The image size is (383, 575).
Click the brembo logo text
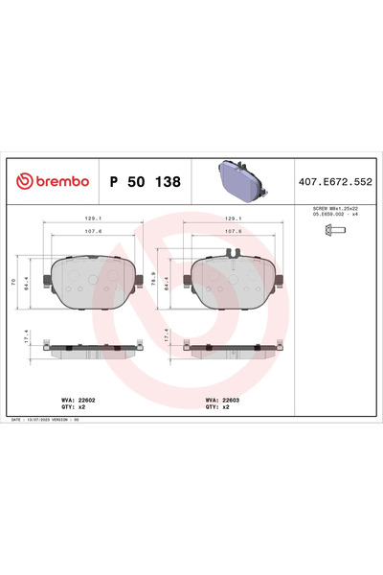(55, 181)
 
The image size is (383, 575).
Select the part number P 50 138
(145, 181)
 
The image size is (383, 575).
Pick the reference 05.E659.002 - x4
(336, 215)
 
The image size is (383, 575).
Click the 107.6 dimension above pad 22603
(232, 230)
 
